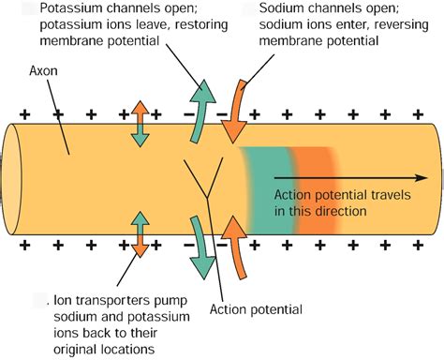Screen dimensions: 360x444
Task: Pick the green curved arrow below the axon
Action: (x=200, y=245)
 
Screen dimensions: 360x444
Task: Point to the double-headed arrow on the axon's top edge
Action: (x=139, y=123)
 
